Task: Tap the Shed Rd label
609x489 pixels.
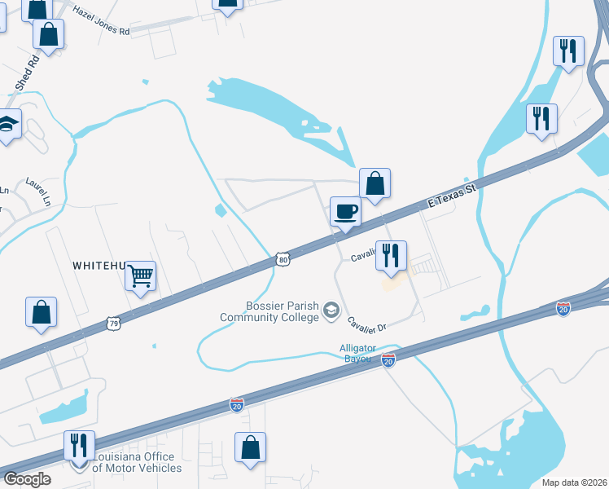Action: [27, 73]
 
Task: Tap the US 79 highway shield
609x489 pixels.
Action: [113, 324]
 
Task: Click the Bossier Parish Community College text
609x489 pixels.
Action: [269, 311]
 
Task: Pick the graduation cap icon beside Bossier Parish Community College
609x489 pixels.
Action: [331, 311]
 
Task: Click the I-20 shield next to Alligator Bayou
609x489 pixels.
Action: [388, 359]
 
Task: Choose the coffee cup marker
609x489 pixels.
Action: [344, 213]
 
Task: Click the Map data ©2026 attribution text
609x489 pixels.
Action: [573, 482]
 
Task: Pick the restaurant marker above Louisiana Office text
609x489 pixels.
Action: [80, 445]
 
